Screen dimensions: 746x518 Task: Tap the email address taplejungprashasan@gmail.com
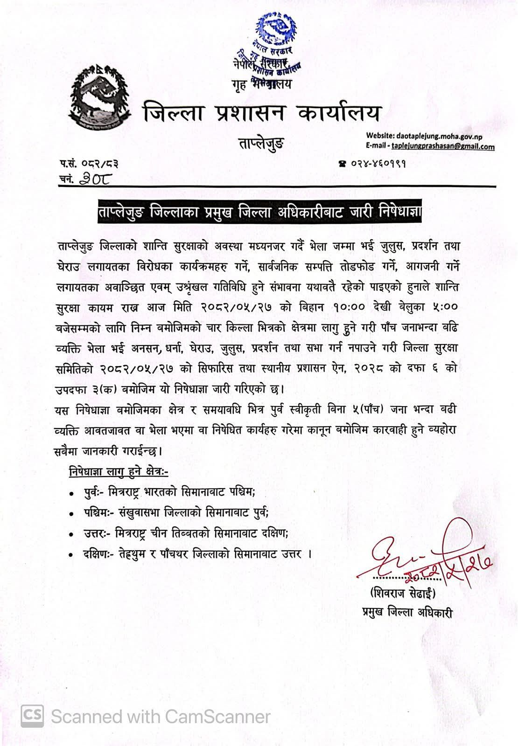[x=443, y=146]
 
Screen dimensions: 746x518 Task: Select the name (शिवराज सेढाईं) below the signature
[x=402, y=594]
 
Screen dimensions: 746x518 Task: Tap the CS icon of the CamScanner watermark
[x=32, y=716]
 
